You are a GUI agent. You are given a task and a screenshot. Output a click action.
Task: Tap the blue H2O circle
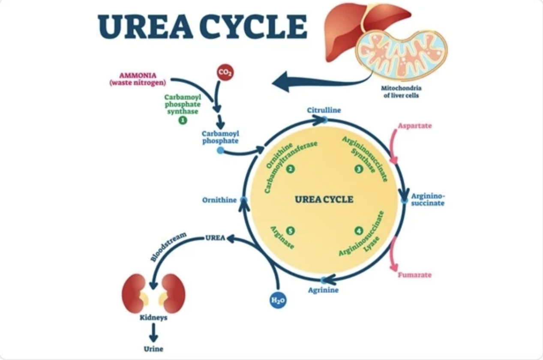tap(278, 300)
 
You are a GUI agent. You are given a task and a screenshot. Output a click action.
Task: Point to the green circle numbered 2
tap(290, 169)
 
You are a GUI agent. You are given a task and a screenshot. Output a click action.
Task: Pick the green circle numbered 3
tap(359, 169)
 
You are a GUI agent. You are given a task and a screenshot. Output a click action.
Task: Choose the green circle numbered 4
tap(359, 231)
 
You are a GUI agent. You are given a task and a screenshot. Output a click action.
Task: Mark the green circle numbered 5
tap(290, 231)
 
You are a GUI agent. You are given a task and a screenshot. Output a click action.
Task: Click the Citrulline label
tap(324, 110)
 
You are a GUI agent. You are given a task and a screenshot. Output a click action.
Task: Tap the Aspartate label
tap(414, 126)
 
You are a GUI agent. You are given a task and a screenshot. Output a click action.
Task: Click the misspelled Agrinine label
tap(323, 290)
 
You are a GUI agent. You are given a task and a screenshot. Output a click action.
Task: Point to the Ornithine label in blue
tap(219, 200)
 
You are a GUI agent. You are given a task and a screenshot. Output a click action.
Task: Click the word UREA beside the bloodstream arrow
tap(215, 237)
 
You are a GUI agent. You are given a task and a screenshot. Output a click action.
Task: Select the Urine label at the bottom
tap(153, 348)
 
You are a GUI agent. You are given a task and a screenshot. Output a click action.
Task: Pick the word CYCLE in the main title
tap(253, 27)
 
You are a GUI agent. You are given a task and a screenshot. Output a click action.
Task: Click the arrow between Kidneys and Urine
tap(153, 333)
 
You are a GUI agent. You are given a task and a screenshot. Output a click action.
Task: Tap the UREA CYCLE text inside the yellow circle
tap(324, 199)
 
